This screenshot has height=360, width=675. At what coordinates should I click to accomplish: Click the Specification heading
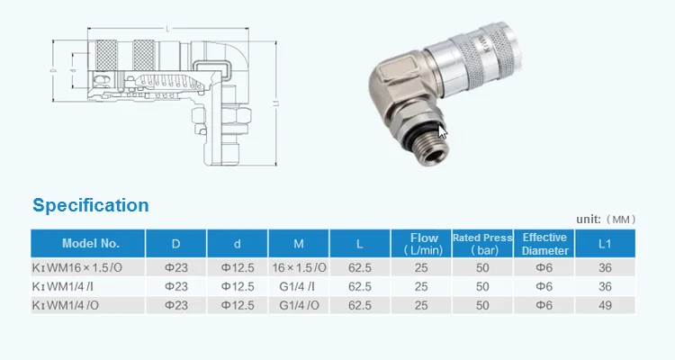pos(91,205)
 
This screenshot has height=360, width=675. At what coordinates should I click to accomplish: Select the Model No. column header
pos(90,244)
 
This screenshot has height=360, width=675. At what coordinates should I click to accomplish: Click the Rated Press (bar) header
pos(484,244)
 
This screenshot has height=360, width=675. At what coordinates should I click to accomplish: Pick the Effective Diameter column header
pos(545,244)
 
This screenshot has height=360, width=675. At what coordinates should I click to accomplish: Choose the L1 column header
pos(606,244)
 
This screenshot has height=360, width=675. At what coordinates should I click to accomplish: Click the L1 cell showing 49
pos(606,305)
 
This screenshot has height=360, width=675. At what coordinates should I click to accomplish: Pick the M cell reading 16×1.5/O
pos(298,268)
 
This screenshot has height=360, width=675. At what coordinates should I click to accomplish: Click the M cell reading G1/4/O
pos(298,305)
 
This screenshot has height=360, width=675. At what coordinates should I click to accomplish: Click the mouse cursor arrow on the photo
pos(443,132)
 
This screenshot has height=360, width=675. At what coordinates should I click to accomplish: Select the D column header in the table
pos(176,244)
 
